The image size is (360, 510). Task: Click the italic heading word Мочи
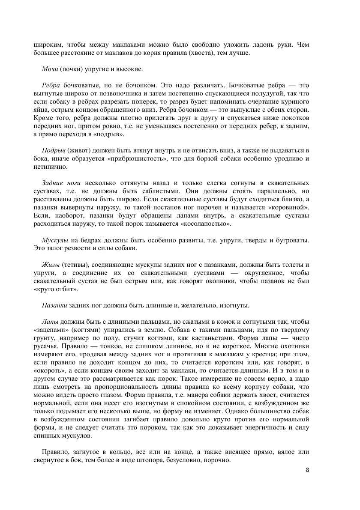coord(50,69)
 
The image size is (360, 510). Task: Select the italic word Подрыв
coord(54,151)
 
